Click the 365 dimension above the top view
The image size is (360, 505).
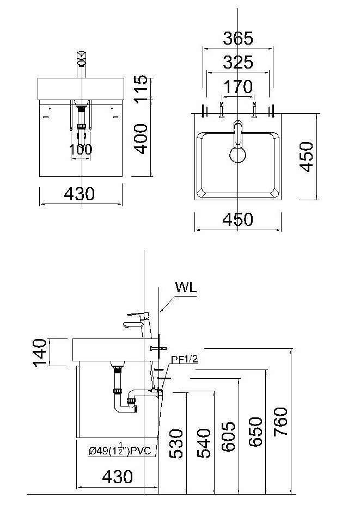click(x=238, y=39)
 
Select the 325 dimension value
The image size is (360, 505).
click(x=238, y=63)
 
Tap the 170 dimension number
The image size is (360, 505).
click(x=238, y=87)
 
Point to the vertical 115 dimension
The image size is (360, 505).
click(x=141, y=88)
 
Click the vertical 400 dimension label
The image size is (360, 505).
click(x=141, y=138)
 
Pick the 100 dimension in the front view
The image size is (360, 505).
click(x=81, y=150)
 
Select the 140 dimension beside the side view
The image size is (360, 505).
click(x=39, y=352)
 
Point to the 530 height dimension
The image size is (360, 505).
click(x=176, y=444)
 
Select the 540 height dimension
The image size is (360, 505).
click(x=203, y=444)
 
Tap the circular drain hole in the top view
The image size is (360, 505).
click(x=237, y=156)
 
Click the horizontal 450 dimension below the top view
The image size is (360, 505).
click(x=238, y=219)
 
